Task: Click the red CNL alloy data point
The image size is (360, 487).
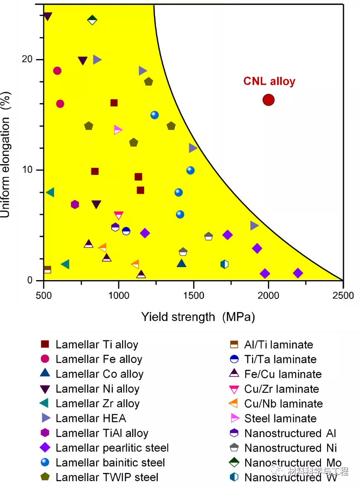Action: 269,100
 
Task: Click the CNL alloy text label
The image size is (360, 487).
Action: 269,81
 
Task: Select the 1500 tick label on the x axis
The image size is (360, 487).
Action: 193,295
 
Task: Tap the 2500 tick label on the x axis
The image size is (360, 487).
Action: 343,295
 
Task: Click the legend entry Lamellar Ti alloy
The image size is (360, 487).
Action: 96,344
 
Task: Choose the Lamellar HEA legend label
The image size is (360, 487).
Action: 91,418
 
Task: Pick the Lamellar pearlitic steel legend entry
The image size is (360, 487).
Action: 112,448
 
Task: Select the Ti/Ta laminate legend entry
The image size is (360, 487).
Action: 280,359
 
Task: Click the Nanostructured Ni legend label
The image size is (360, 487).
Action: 290,448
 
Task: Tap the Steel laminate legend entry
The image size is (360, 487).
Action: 280,418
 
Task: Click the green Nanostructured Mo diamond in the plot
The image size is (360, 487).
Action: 92,20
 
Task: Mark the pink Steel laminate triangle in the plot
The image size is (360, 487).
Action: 118,130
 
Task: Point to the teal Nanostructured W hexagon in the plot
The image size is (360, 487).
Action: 224,264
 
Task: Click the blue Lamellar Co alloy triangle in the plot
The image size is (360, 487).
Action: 181,263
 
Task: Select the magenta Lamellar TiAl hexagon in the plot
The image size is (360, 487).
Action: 75,204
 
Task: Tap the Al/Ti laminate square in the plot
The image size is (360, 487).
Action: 47,270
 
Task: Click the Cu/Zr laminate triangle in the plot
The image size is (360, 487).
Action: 118,215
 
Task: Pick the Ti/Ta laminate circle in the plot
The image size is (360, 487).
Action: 126,231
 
